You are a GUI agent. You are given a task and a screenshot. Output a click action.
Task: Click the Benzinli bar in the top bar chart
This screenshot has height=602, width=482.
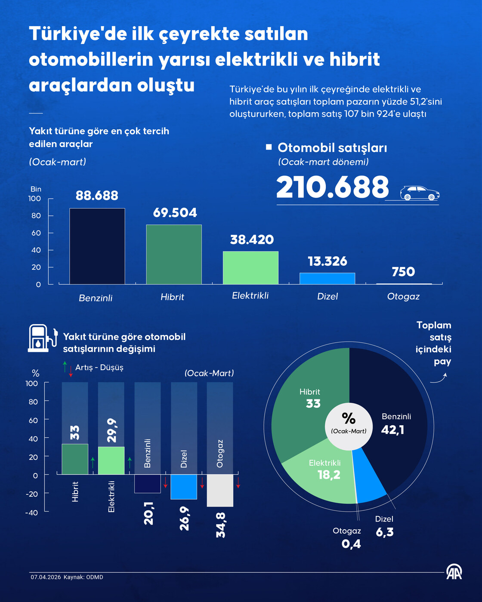coord(97,246)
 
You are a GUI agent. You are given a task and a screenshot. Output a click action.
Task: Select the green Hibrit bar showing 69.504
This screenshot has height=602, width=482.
coord(174,254)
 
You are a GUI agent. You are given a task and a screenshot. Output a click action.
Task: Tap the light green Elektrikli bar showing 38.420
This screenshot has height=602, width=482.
coord(250,267)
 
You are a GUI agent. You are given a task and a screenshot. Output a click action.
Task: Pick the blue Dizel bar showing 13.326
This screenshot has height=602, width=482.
coord(328,278)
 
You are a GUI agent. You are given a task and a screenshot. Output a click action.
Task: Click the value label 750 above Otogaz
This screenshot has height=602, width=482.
coord(403,272)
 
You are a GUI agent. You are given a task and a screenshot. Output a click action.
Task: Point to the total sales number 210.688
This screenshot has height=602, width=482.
coord(332,187)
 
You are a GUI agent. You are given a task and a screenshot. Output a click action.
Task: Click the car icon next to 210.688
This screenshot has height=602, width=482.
coord(420,193)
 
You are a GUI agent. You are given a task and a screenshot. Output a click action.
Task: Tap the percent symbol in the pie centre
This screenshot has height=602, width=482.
coord(349,418)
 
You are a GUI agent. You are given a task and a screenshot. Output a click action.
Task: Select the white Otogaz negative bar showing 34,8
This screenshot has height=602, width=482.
coord(220,490)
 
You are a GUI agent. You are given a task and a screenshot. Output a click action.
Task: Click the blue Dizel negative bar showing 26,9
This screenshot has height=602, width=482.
coord(184,487)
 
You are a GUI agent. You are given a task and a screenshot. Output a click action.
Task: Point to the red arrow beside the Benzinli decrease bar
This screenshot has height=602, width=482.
coord(166,482)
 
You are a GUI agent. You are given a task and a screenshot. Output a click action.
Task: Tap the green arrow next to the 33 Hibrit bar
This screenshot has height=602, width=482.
coord(93,463)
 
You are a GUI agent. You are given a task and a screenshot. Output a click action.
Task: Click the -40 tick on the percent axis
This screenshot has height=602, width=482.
coord(31,513)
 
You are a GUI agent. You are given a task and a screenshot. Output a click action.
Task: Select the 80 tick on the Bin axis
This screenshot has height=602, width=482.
coord(36,216)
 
